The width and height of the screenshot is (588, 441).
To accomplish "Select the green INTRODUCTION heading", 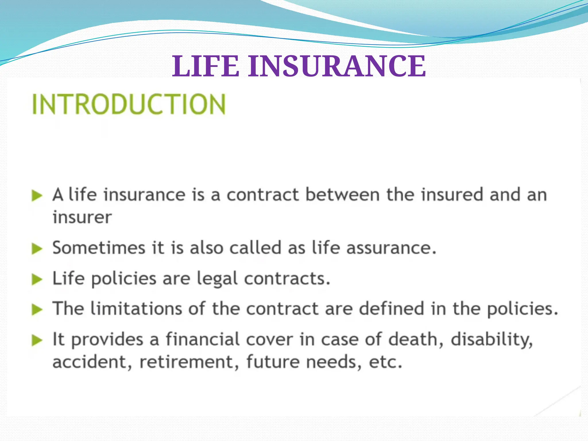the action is pos(129,104).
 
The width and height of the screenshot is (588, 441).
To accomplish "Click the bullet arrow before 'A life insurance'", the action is pos(37,196).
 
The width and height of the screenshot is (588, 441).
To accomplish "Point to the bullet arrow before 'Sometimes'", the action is pos(37,249).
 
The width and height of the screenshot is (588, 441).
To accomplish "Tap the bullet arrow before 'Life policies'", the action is pos(37,279).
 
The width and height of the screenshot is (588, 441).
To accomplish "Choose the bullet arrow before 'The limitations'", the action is pos(37,310).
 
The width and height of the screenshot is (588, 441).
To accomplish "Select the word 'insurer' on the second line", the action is pos(82,217).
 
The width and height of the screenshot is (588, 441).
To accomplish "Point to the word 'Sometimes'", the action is pos(99,247).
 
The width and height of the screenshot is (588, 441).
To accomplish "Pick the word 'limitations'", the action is pos(136,308).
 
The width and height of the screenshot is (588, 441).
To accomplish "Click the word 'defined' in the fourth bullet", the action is pos(392,308).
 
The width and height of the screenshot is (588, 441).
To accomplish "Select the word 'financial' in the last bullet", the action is pos(203,339).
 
